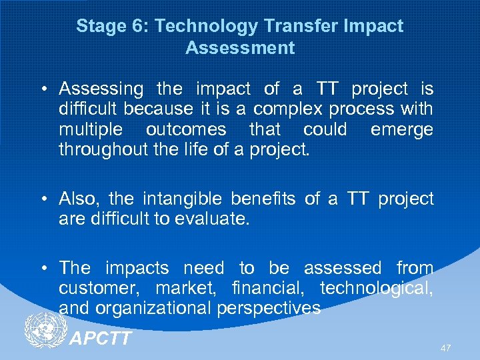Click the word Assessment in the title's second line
(x=240, y=48)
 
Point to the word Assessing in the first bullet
(x=101, y=89)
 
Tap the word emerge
(x=401, y=129)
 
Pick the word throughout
(x=101, y=149)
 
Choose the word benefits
(x=265, y=199)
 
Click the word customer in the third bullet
(x=100, y=289)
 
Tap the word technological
(x=376, y=289)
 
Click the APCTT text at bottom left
(x=100, y=338)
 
